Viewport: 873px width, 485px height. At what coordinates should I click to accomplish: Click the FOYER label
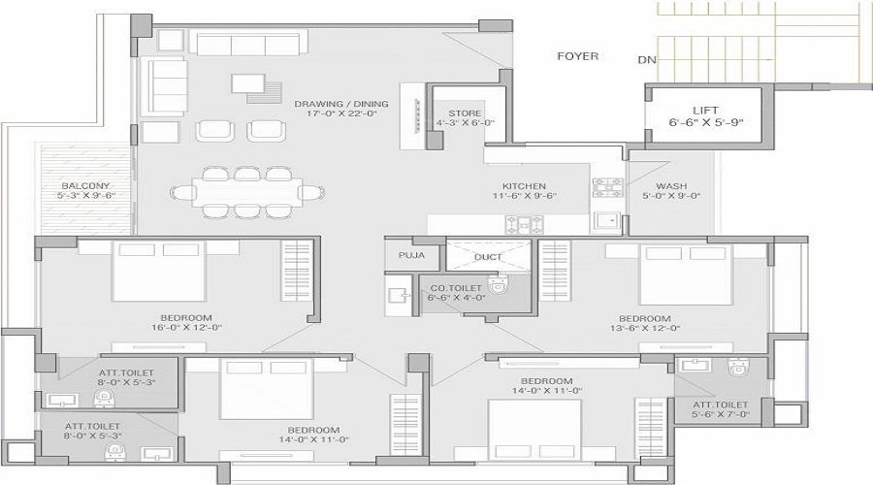pos(578,56)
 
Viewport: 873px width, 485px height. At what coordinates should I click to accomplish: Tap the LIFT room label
pos(705,111)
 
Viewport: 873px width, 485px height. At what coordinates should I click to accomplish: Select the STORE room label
pos(465,113)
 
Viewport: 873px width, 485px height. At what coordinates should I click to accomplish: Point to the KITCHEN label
pos(524,186)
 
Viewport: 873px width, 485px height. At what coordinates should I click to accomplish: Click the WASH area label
pos(671,186)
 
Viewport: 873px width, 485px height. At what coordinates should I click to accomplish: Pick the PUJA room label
pos(411,255)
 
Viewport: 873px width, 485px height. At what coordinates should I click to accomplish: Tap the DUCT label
pos(488,257)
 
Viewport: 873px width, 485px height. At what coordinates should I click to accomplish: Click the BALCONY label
pos(85,185)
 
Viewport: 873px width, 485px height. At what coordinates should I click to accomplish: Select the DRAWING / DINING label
pos(341,104)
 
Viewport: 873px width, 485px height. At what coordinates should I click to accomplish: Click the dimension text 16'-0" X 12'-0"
pos(186,328)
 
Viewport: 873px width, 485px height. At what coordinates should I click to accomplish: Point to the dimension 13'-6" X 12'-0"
pos(645,328)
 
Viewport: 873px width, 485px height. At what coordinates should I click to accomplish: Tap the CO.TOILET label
pos(456,288)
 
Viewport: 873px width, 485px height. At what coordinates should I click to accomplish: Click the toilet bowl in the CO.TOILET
pos(498,283)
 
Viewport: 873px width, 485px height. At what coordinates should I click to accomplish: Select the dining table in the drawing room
pos(247,192)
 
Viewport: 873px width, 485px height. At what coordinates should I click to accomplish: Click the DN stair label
pos(647,59)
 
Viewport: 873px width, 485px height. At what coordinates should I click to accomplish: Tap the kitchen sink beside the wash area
pos(605,221)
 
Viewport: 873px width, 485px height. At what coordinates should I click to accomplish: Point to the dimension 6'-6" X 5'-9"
pos(706,122)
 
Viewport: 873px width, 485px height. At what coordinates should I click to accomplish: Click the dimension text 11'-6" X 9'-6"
pos(525,196)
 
